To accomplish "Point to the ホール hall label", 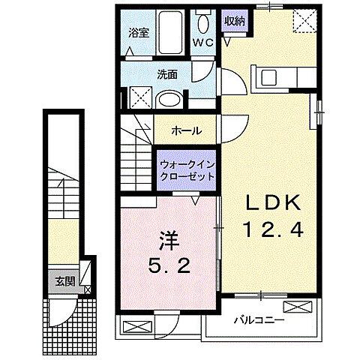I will tap(186, 130).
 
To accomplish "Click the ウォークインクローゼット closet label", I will tap(186, 169).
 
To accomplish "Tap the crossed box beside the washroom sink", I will tap(139, 97).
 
